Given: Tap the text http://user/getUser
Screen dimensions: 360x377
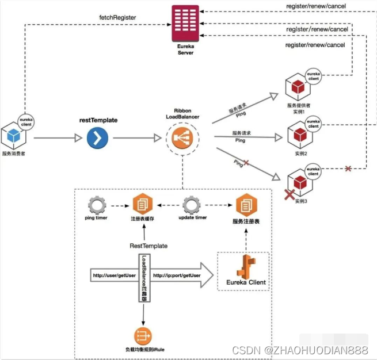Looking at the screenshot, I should (113, 276).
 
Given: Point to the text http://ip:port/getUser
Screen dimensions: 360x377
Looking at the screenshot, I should (176, 276).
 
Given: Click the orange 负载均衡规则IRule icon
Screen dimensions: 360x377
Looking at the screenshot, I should (142, 335).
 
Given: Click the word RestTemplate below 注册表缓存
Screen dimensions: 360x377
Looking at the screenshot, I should (148, 246).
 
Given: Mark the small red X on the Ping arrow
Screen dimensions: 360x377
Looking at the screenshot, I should (246, 163).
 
